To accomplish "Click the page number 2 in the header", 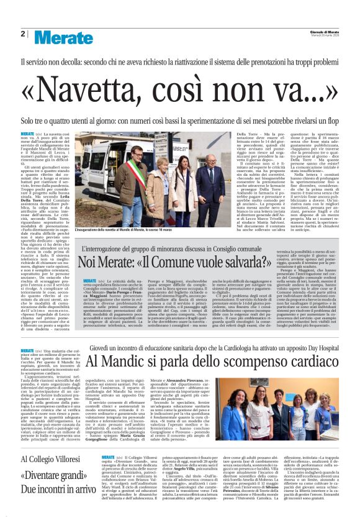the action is (22, 33).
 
